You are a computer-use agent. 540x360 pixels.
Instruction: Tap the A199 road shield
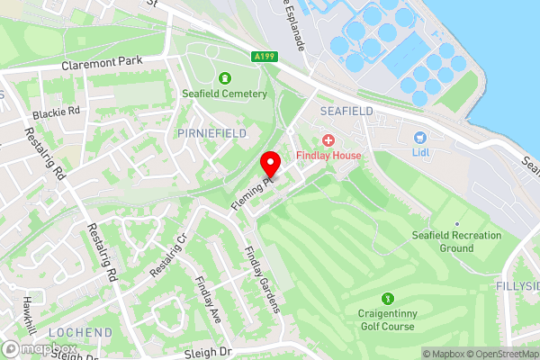(265, 57)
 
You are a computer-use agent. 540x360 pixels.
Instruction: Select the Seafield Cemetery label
(224, 94)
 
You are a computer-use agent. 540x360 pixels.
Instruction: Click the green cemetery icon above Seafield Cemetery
(224, 78)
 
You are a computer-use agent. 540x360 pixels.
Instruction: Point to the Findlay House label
(328, 156)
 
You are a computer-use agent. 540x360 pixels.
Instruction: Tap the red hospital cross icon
(328, 140)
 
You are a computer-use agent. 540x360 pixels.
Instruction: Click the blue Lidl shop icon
(418, 138)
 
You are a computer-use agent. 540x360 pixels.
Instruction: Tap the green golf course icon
(389, 299)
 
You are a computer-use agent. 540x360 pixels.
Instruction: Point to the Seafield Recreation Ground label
(455, 241)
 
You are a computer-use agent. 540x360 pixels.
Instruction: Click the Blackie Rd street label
(56, 113)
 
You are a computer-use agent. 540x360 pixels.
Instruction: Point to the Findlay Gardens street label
(261, 280)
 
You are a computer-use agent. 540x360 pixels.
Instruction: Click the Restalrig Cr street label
(168, 256)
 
